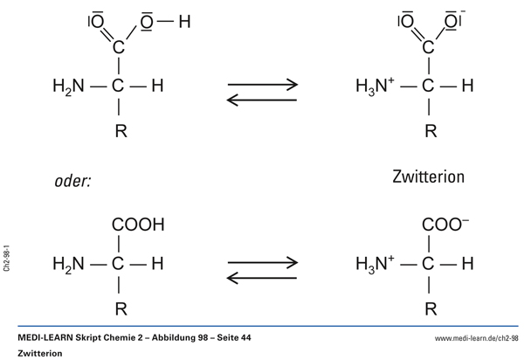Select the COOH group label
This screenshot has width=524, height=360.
click(x=138, y=225)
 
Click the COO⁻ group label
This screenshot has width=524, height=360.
click(x=445, y=225)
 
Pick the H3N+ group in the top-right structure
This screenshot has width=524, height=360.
click(x=376, y=87)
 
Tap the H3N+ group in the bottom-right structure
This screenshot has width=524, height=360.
click(x=376, y=262)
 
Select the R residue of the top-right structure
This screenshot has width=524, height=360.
click(x=430, y=133)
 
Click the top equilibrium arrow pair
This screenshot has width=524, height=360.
click(x=262, y=93)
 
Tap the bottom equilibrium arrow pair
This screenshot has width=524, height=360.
click(x=262, y=268)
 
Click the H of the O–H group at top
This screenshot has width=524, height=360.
click(x=183, y=22)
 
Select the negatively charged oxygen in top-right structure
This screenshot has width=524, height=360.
click(x=452, y=21)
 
